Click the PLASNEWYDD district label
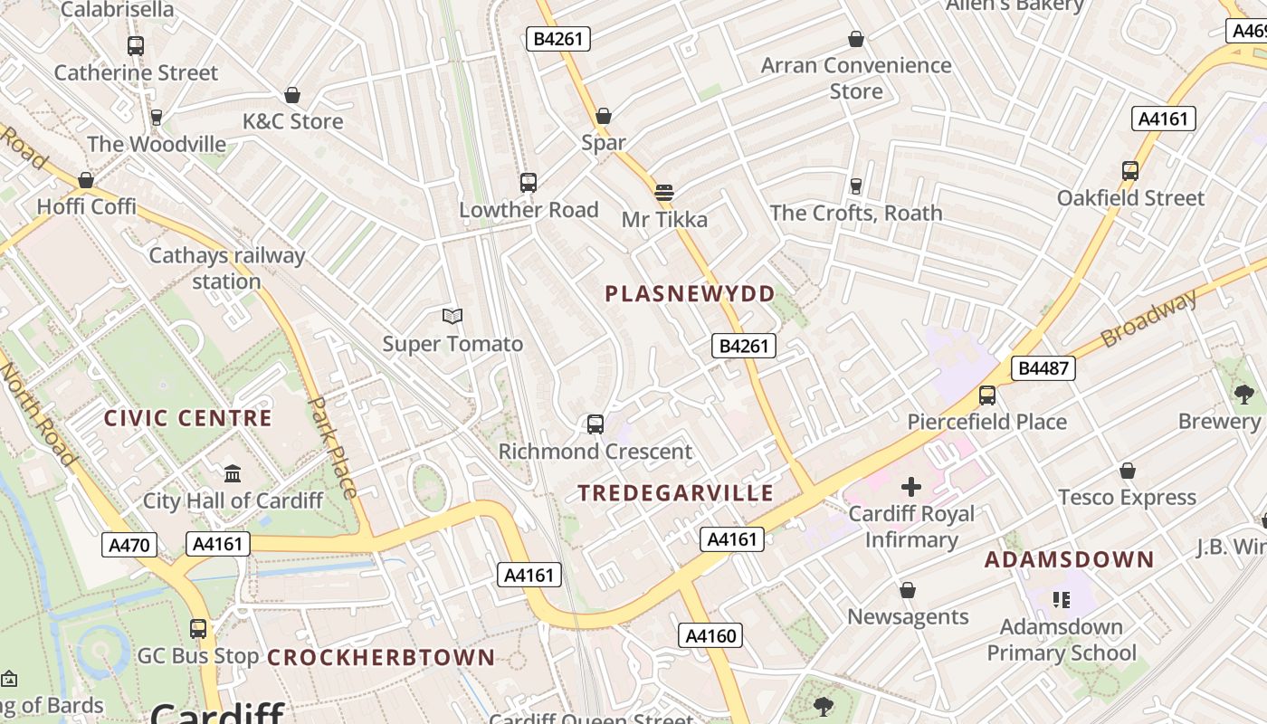point(690,294)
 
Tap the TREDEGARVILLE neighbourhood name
point(676,493)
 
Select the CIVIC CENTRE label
point(187,418)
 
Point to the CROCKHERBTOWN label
point(381,658)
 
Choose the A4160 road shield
point(710,635)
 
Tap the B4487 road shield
point(1043,368)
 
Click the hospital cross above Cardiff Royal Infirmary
point(910,487)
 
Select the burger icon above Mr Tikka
point(664,193)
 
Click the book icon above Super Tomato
point(452,316)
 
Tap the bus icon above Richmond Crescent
point(595,424)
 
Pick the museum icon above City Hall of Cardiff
point(233,473)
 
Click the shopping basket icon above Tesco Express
point(1127,471)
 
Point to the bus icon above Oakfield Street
point(1129,170)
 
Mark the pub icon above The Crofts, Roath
point(855,186)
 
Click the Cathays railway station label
point(226,269)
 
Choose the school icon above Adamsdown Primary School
point(1061,599)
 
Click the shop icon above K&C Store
point(292,95)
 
